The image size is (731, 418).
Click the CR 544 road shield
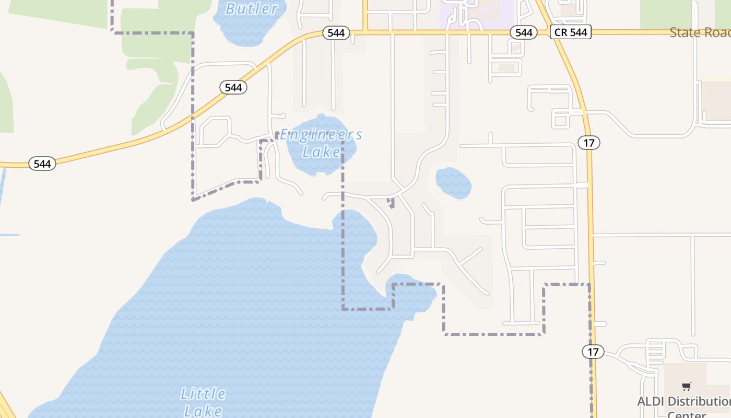(570, 32)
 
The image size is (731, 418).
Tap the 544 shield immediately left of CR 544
(523, 32)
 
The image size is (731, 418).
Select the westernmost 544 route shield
(42, 164)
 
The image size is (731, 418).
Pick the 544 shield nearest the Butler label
(336, 33)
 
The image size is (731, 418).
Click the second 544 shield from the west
(233, 87)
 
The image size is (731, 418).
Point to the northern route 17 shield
(589, 142)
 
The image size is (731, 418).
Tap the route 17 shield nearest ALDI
(593, 352)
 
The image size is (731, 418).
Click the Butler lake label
(252, 9)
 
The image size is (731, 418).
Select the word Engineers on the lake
(321, 135)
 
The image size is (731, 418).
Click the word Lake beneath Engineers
(321, 152)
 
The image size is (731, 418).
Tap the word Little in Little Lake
(203, 393)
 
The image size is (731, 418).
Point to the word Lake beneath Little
(203, 411)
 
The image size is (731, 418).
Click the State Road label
(700, 32)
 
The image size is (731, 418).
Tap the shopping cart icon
(686, 387)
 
